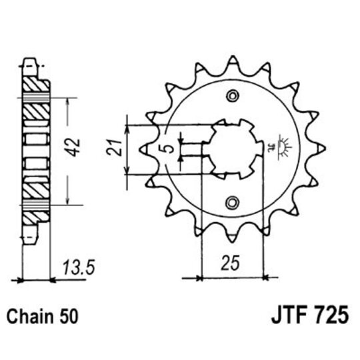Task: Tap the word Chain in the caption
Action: coord(31,315)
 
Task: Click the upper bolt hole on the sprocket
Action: coord(232,97)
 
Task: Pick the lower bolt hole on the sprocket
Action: coord(232,202)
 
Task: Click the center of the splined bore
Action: coord(232,150)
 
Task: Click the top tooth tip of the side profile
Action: coord(30,64)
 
